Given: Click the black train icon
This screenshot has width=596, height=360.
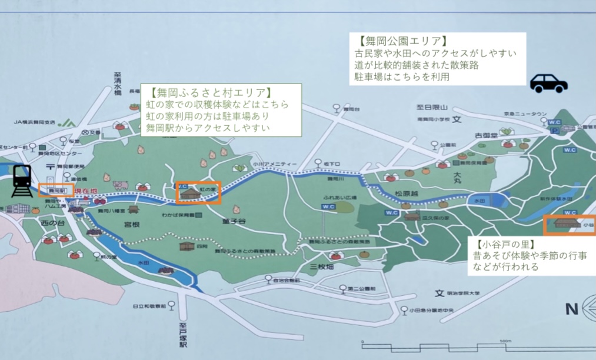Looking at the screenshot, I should tap(22, 181).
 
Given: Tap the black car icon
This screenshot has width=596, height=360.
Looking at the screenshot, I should tap(548, 84).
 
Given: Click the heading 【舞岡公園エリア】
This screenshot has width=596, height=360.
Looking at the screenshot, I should tap(399, 41).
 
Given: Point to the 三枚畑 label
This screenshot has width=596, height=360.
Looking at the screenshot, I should tap(321, 266).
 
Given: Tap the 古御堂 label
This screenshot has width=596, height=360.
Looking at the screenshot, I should tap(486, 136).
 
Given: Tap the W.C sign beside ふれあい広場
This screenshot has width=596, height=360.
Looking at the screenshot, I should tap(328, 206).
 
